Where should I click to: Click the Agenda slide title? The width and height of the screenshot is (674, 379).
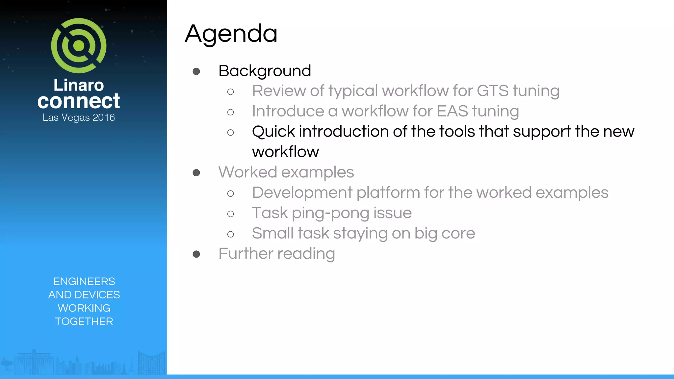tap(231, 34)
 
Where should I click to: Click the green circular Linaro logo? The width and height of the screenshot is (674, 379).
tap(79, 46)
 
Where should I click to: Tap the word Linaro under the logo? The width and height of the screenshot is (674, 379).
tap(79, 85)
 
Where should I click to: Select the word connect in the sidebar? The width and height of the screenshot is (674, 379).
tap(79, 101)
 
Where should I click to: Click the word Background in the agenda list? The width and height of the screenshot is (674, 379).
tap(265, 71)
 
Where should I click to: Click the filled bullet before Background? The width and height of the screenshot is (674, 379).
tap(196, 71)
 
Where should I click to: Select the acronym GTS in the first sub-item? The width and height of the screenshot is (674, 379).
tap(492, 91)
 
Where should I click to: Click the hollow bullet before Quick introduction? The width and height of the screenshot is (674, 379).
tap(231, 132)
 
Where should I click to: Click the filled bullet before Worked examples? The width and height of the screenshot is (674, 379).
tap(196, 173)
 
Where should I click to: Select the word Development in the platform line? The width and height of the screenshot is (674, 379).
tap(302, 193)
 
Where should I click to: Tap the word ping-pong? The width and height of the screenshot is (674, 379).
tap(330, 213)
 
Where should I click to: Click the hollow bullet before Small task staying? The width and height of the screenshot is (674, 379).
tap(231, 234)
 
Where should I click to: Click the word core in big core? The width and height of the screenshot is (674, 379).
tap(458, 234)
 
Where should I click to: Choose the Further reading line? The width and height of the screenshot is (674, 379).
tap(276, 254)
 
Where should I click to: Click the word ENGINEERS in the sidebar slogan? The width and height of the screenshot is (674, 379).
tap(84, 281)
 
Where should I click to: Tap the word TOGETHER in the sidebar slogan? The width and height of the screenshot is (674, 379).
tap(84, 321)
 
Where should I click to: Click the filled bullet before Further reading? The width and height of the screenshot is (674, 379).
tap(196, 254)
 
